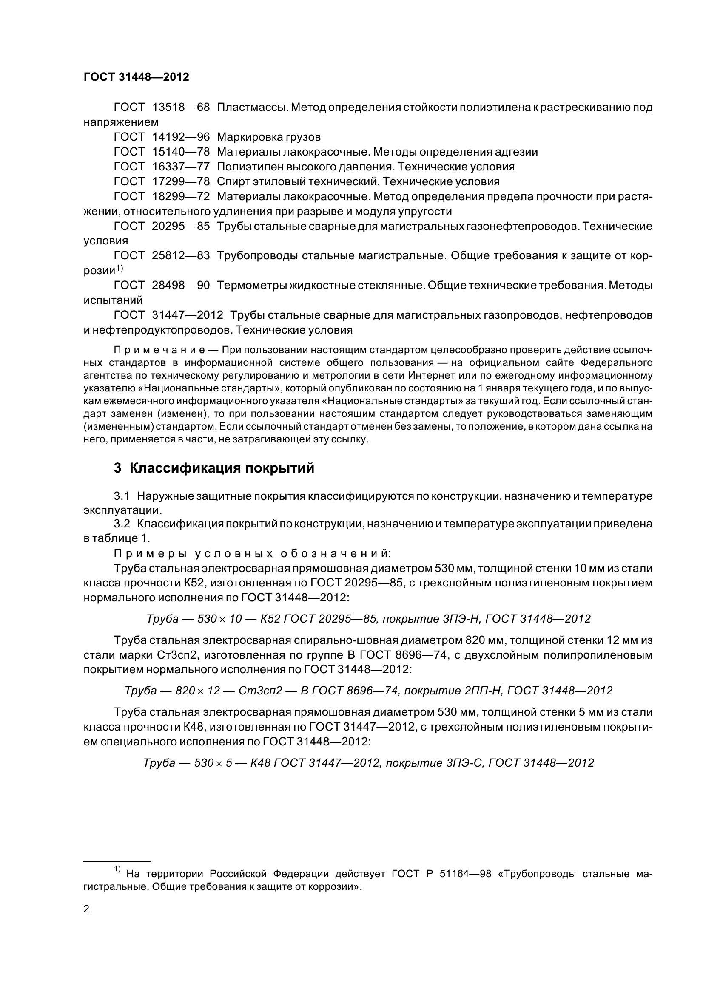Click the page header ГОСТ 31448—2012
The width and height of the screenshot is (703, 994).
(137, 77)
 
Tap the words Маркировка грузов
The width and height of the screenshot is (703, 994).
(268, 137)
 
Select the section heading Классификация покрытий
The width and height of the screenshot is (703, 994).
(222, 468)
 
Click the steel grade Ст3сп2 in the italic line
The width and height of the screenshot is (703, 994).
(260, 691)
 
